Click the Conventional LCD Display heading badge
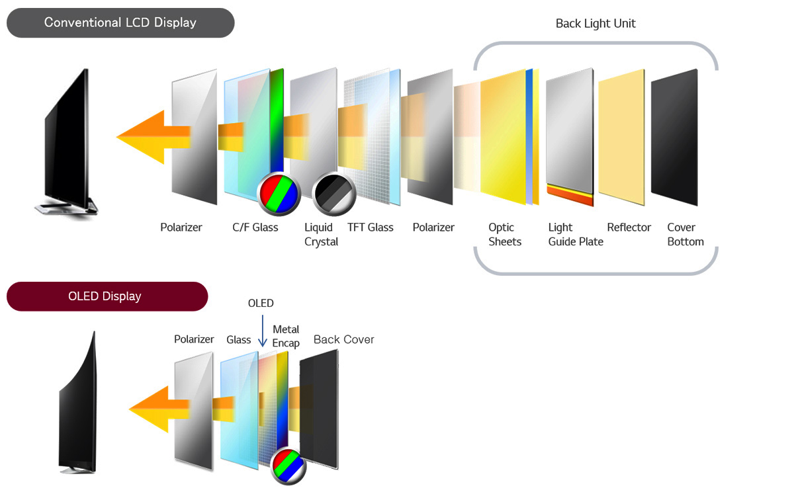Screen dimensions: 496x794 120,22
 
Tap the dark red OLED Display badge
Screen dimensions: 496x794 107,296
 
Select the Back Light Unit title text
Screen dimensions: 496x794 595,24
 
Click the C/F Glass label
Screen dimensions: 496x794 255,227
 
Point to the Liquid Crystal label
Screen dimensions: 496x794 321,235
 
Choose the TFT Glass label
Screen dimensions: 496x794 370,227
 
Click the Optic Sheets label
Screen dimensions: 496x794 505,235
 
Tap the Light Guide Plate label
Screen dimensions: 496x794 576,235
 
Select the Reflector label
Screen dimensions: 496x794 629,227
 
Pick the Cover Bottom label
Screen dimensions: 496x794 685,235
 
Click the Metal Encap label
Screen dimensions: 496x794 286,336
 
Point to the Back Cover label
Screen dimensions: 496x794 343,340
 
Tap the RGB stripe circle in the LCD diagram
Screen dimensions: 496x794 279,194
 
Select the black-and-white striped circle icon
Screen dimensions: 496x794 333,194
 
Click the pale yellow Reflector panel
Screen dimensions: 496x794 621,136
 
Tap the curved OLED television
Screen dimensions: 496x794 79,403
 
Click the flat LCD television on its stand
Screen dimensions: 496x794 66,142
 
